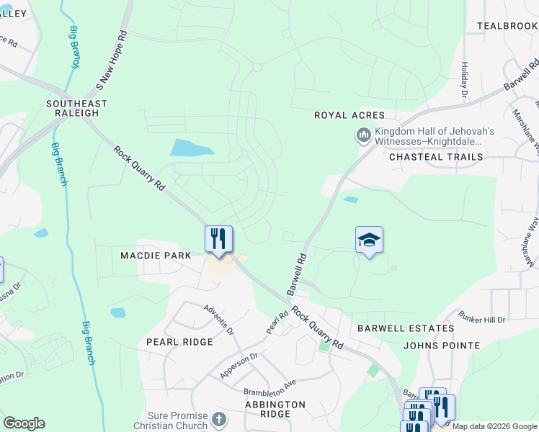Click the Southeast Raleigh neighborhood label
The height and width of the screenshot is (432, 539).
click(76, 108)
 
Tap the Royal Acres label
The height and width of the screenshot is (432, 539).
click(349, 115)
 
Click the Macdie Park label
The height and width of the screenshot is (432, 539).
click(156, 256)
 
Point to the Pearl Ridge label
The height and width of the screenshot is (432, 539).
click(179, 342)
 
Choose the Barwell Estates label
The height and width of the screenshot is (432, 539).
click(406, 328)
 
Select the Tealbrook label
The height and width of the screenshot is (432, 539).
click(507, 26)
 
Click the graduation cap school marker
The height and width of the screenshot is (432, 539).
click(369, 240)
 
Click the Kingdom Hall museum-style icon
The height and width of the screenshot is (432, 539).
click(363, 135)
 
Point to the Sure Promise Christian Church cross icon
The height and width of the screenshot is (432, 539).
click(220, 418)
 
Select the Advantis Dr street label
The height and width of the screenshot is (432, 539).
click(219, 320)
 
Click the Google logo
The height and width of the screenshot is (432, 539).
click(24, 423)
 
